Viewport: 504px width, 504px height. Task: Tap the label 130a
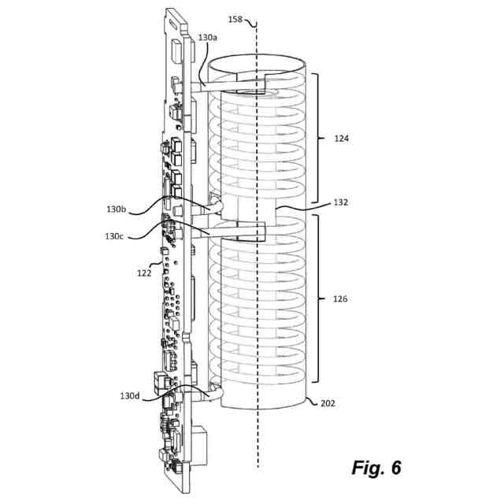(208, 36)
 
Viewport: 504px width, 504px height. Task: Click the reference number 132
(342, 202)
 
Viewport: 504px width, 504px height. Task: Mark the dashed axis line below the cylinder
(257, 449)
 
